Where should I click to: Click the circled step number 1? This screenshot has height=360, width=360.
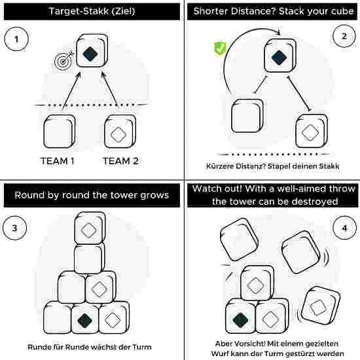(x=16, y=39)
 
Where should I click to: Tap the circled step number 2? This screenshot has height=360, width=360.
(x=344, y=36)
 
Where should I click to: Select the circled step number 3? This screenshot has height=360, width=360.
(x=14, y=228)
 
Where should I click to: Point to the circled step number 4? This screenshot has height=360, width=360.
(x=344, y=228)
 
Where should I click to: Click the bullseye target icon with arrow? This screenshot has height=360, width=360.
(x=63, y=60)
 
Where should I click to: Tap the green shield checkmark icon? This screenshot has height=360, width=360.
(x=220, y=48)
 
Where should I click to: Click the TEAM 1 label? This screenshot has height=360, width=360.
(x=58, y=161)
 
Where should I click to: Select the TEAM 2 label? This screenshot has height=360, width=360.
(x=120, y=161)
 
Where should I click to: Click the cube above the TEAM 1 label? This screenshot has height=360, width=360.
(x=59, y=132)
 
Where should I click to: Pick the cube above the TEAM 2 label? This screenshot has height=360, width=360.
(x=120, y=132)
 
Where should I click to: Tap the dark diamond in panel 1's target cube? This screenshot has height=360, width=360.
(x=90, y=54)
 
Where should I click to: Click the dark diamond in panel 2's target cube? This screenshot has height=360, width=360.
(x=279, y=58)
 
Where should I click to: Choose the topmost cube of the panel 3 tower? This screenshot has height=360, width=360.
(x=90, y=228)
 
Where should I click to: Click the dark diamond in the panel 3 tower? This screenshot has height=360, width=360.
(x=85, y=320)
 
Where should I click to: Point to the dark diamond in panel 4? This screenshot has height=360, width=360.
(x=240, y=320)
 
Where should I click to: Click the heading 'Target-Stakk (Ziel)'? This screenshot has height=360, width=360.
(x=92, y=11)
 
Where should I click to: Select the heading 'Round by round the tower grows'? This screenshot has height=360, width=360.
(x=92, y=195)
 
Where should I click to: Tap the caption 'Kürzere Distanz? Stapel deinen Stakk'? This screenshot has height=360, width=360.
(x=272, y=166)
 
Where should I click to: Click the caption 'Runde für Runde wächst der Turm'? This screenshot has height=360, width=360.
(x=90, y=347)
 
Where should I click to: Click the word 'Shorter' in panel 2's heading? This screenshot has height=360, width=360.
(x=211, y=11)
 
